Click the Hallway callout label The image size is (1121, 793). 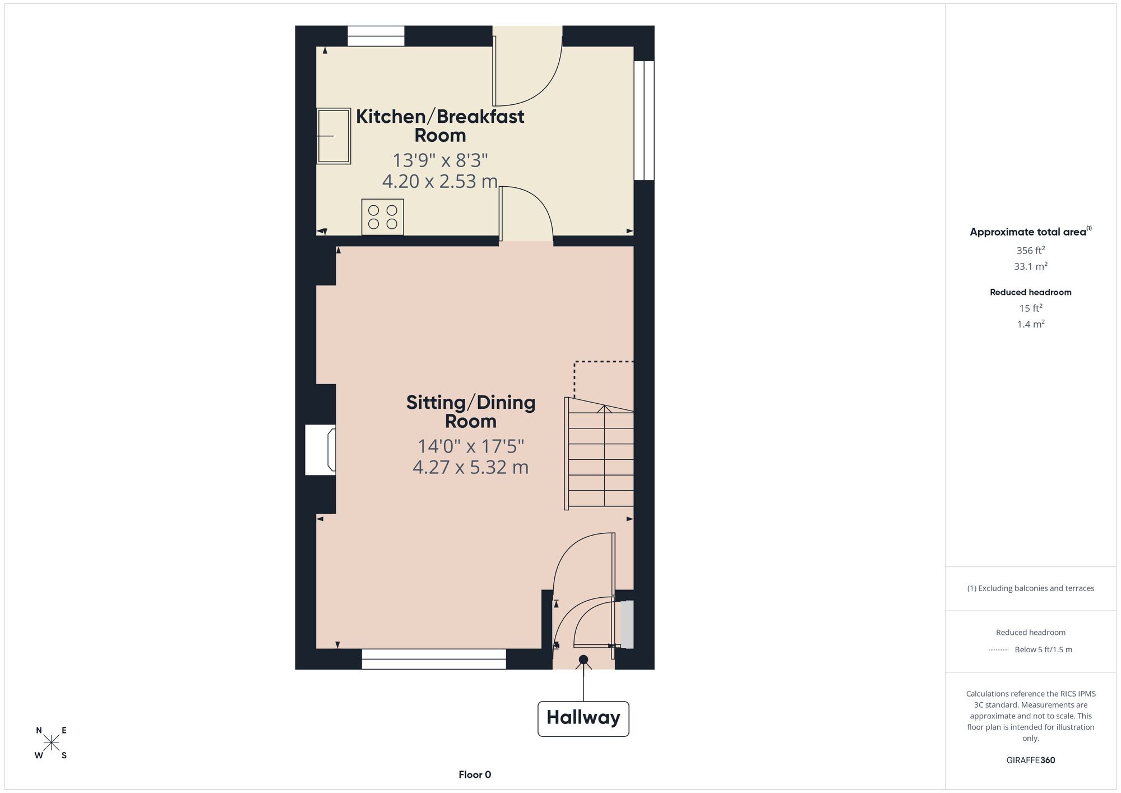tap(583, 718)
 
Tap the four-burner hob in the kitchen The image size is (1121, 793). tap(383, 217)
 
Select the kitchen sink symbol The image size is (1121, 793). tap(334, 136)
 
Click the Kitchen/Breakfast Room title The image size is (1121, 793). tap(440, 126)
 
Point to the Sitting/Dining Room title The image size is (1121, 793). tap(471, 412)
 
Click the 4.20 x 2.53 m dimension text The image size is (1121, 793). tap(440, 181)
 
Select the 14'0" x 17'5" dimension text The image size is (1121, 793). tap(471, 446)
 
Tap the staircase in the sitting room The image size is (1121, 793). tap(599, 454)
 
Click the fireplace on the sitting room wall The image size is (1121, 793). tap(321, 450)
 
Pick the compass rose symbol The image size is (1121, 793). tap(52, 743)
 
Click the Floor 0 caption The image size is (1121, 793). tap(475, 774)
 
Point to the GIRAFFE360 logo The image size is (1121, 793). tap(1031, 760)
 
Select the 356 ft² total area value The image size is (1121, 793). tap(1031, 250)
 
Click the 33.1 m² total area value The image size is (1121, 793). tap(1031, 266)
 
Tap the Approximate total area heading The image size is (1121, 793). tap(1031, 232)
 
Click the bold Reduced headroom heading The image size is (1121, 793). tap(1031, 292)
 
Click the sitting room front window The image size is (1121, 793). tap(434, 659)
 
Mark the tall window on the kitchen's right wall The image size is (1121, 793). tap(644, 120)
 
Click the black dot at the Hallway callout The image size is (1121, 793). tap(583, 660)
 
